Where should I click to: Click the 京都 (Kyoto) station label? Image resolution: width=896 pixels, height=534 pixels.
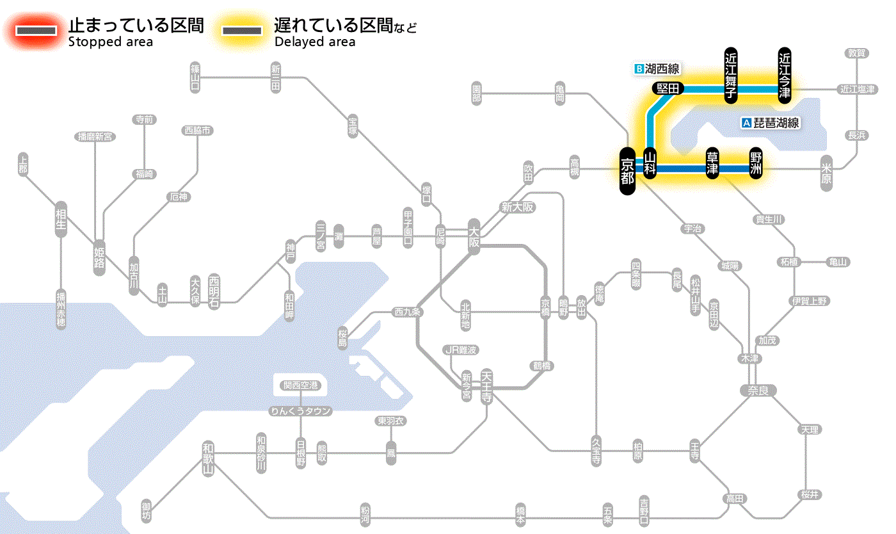627,170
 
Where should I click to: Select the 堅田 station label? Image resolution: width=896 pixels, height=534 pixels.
668,88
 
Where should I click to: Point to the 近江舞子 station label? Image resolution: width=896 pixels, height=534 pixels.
731,74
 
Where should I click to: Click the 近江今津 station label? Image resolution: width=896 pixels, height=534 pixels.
785,74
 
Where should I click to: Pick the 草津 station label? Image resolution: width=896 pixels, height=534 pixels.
712,165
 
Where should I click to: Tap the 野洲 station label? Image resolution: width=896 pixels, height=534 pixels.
756,165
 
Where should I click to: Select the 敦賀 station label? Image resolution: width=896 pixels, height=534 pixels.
857,53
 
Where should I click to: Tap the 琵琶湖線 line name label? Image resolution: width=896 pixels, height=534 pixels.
776,123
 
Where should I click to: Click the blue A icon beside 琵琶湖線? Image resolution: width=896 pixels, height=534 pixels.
746,123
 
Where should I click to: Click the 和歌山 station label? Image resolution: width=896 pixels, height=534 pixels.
208,458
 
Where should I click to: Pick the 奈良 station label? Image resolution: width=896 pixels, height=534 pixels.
757,390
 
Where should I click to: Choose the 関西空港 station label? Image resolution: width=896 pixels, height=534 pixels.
301,385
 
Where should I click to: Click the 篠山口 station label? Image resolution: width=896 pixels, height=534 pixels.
195,77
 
